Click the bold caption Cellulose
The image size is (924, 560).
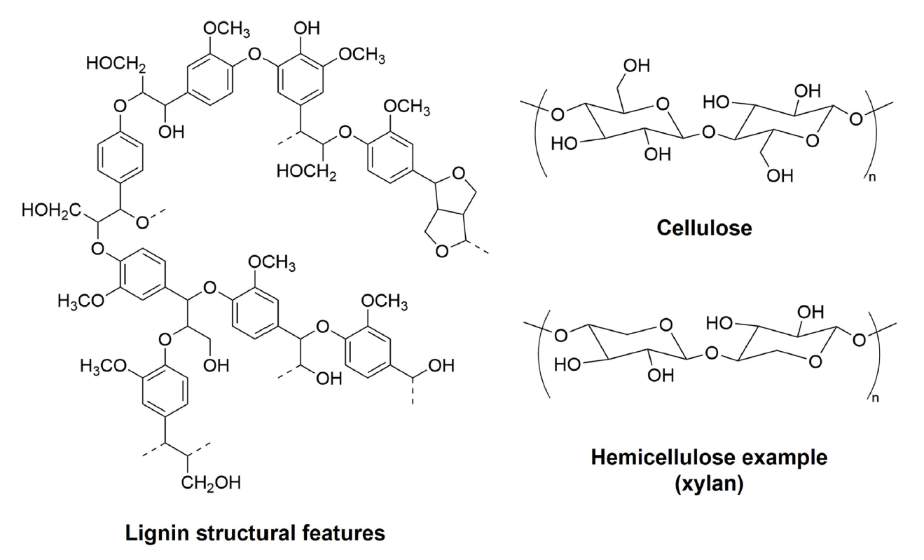click(x=704, y=228)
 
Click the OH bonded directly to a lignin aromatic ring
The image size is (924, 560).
click(x=308, y=29)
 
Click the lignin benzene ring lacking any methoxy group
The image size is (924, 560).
click(x=123, y=154)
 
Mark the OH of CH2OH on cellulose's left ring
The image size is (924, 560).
click(x=636, y=67)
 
